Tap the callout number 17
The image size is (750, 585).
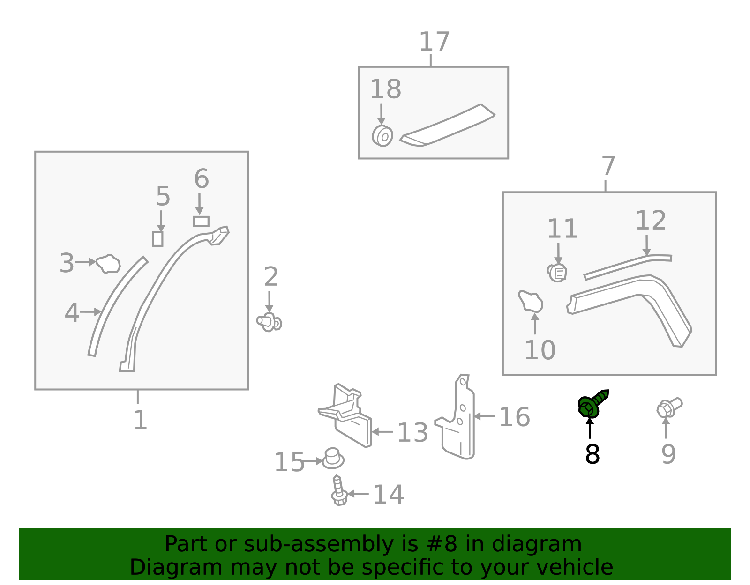434,42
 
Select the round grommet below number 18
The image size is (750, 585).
382,136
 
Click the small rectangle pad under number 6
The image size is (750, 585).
201,221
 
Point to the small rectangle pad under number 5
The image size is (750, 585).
158,238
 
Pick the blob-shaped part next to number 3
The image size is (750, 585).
109,264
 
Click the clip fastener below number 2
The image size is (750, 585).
269,322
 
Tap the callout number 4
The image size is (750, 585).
72,313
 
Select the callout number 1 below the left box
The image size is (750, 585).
140,420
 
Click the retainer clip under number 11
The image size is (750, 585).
557,272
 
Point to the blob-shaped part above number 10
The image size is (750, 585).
531,302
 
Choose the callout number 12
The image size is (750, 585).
651,221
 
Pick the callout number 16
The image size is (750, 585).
514,417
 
